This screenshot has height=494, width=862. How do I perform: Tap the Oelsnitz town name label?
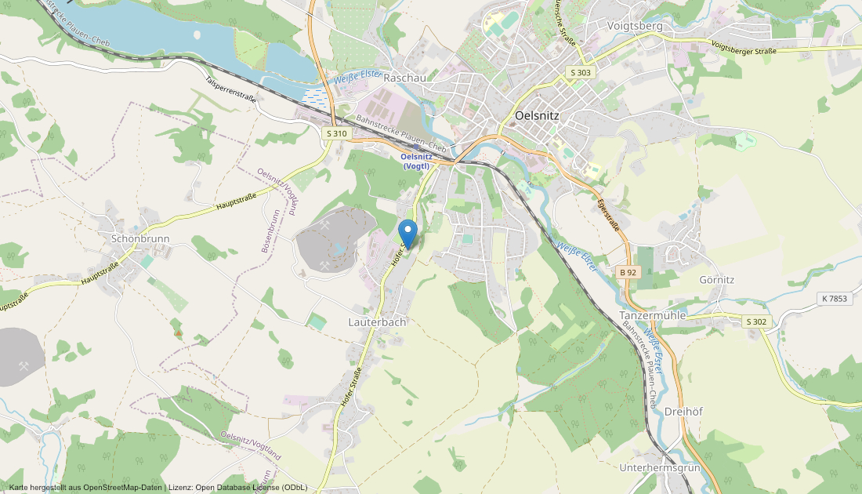pos(537,114)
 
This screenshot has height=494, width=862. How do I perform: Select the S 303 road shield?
pos(581,72)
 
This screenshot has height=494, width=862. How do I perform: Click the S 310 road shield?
pos(335,133)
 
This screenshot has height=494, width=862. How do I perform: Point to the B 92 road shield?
pos(628,272)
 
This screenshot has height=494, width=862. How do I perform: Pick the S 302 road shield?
pos(755,321)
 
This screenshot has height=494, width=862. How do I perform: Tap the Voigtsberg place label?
pos(635,26)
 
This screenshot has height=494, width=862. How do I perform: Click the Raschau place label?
pos(405,78)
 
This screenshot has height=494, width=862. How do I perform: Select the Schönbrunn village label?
pos(140,238)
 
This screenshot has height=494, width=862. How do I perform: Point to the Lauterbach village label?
pos(377,322)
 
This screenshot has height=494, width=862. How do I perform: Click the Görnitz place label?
pos(716,279)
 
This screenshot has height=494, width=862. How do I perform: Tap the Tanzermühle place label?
pos(653,315)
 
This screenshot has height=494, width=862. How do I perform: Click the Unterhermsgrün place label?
pos(658,468)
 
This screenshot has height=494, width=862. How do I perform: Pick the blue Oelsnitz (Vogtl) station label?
pos(416,161)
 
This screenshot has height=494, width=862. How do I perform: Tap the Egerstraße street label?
pos(608,215)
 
